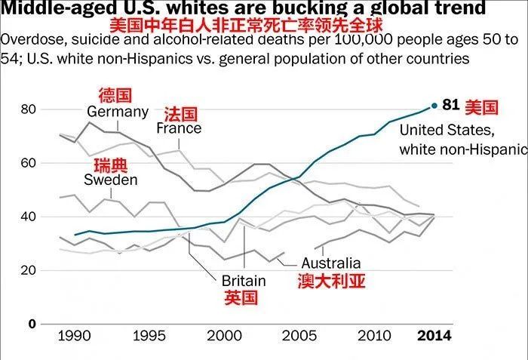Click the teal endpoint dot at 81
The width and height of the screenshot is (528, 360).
click(x=434, y=106)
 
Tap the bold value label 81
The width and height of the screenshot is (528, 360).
click(x=451, y=105)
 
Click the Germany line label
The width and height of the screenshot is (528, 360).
click(x=118, y=112)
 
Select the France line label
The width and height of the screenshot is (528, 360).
click(x=179, y=128)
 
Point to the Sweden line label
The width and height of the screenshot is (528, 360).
click(x=110, y=180)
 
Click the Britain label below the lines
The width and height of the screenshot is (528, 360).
click(x=243, y=281)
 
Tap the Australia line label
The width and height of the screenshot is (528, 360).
click(x=331, y=263)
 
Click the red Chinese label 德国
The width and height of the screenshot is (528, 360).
click(x=115, y=95)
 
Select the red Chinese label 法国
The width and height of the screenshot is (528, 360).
click(x=180, y=113)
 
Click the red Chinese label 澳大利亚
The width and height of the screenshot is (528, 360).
click(x=330, y=281)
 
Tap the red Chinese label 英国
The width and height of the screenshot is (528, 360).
click(x=241, y=297)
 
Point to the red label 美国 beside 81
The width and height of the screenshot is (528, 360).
click(x=481, y=106)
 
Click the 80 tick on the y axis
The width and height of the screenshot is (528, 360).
click(x=29, y=109)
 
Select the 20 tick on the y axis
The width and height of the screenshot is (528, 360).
click(x=29, y=270)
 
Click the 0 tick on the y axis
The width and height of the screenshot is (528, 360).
click(x=32, y=324)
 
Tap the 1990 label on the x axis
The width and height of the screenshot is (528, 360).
click(x=70, y=335)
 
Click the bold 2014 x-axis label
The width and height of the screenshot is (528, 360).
click(x=435, y=335)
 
